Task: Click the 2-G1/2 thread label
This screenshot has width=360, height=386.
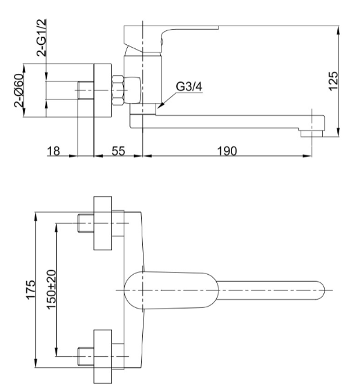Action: click(41, 38)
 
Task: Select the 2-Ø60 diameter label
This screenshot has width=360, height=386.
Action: click(19, 90)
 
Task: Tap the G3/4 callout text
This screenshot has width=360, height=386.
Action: click(189, 86)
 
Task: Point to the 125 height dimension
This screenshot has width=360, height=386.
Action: click(333, 81)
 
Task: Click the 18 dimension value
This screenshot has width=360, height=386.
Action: click(53, 151)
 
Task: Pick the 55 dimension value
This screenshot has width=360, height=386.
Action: click(118, 151)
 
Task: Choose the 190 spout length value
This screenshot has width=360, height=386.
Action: click(227, 151)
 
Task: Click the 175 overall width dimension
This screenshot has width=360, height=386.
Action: click(30, 290)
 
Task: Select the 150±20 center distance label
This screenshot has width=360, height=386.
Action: click(51, 289)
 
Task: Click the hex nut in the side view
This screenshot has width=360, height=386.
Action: click(117, 90)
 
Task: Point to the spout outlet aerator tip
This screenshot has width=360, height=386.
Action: click(312, 134)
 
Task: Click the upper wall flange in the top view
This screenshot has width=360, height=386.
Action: click(103, 223)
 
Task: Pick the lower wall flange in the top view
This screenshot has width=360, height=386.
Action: click(103, 356)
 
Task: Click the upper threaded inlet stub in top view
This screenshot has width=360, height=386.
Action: click(86, 223)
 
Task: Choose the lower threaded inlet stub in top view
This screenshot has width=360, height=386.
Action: click(86, 356)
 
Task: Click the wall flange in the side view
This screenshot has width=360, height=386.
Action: click(103, 90)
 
